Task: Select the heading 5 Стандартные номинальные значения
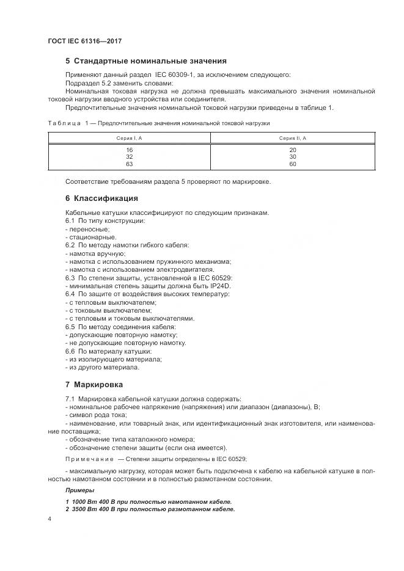coord(145,61)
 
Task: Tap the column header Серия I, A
coord(129,139)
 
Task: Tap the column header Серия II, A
coord(292,139)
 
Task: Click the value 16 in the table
coord(129,150)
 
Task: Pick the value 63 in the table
coord(129,164)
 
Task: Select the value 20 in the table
coord(292,150)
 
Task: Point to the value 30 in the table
coord(292,157)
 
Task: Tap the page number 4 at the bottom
coord(50,518)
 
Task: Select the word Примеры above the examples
coord(79,490)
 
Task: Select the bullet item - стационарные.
coord(90,237)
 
